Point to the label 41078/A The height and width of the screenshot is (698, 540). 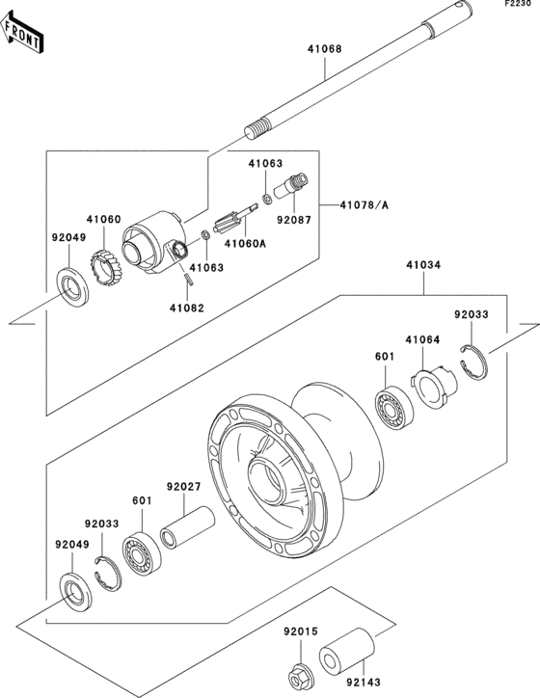pyautogui.click(x=364, y=204)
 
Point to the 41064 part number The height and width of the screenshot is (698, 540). pyautogui.click(x=421, y=339)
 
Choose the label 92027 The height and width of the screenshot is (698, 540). pyautogui.click(x=182, y=487)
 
